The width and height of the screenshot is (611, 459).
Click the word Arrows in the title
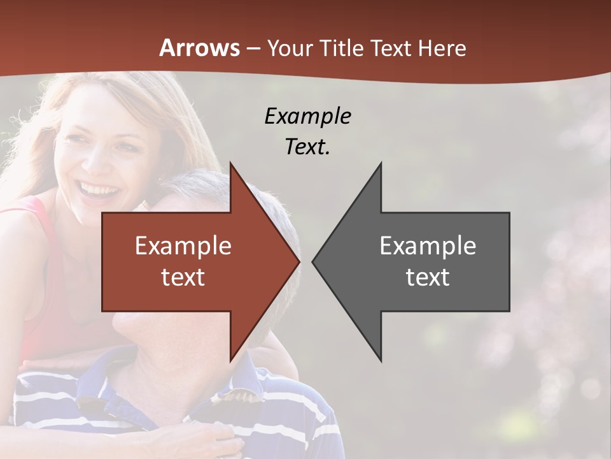click(x=199, y=48)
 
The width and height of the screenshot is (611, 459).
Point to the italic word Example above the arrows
click(x=307, y=117)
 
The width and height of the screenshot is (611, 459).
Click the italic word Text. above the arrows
click(x=307, y=147)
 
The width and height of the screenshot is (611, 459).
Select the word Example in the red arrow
click(x=183, y=246)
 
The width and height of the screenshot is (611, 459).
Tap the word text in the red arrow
click(x=183, y=277)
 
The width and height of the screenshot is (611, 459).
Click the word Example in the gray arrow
click(x=428, y=246)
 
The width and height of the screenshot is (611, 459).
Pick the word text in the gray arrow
click(x=428, y=277)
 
